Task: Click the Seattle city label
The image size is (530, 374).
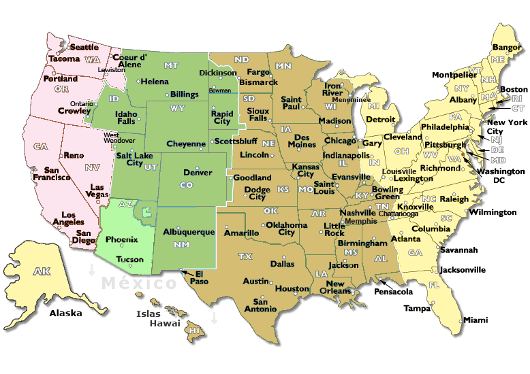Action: click(x=84, y=48)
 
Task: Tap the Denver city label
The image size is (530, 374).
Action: click(x=198, y=173)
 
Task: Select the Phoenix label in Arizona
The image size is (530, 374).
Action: click(x=122, y=239)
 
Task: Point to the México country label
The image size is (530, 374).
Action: click(x=139, y=283)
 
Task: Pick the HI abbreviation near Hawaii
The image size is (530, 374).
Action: click(x=195, y=330)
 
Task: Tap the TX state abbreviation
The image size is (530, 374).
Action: click(x=245, y=256)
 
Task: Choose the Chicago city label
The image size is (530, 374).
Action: click(x=340, y=141)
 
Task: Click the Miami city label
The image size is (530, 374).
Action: click(x=475, y=320)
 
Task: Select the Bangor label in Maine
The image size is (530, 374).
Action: click(x=506, y=48)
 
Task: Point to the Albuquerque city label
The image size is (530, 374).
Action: click(x=189, y=232)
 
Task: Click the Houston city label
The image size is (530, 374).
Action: click(x=292, y=289)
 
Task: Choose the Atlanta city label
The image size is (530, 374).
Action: click(x=405, y=239)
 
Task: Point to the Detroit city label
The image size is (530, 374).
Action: click(x=380, y=119)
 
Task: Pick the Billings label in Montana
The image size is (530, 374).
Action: click(x=184, y=95)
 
